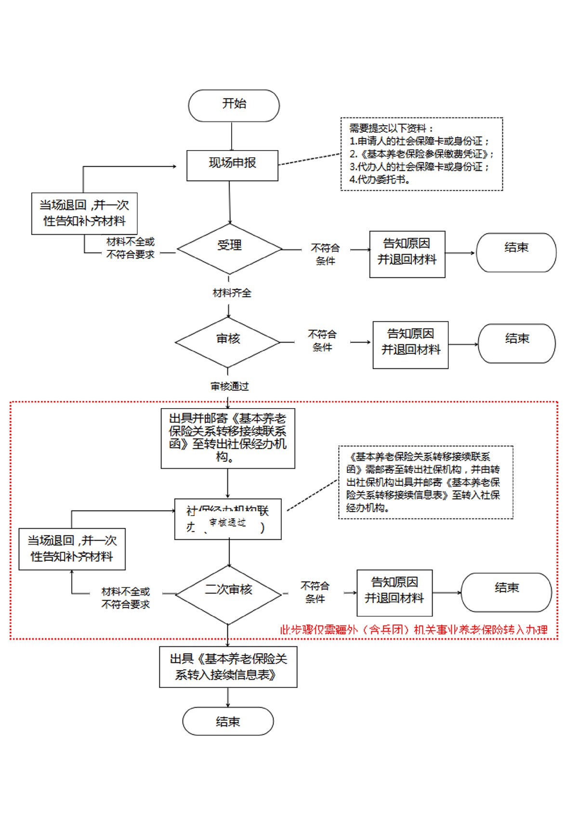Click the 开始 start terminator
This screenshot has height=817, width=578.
point(234,105)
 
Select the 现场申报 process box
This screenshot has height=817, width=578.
point(232,165)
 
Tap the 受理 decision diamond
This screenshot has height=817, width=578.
point(229,248)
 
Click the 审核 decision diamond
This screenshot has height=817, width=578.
point(228,342)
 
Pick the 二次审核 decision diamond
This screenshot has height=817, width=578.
point(228,594)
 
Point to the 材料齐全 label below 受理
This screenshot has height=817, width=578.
point(232,293)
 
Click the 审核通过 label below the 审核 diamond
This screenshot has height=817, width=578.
point(230,386)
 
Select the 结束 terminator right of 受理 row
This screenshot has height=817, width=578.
point(516,252)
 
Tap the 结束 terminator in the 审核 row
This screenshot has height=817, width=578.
point(516,343)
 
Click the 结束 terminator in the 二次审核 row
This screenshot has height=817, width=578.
point(506,592)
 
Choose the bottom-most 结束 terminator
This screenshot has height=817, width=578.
point(228,721)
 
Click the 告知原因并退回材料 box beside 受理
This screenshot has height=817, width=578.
point(407,254)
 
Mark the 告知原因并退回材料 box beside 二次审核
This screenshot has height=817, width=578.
point(394,593)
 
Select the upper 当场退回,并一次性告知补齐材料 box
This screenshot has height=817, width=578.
point(84,213)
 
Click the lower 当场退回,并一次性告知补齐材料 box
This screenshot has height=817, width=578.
point(72,549)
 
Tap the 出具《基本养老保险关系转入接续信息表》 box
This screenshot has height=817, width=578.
point(228,666)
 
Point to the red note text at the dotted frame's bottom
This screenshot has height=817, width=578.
point(413,629)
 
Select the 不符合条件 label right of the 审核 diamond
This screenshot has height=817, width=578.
point(322,340)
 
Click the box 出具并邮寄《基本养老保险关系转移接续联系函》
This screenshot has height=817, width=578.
point(228,438)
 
